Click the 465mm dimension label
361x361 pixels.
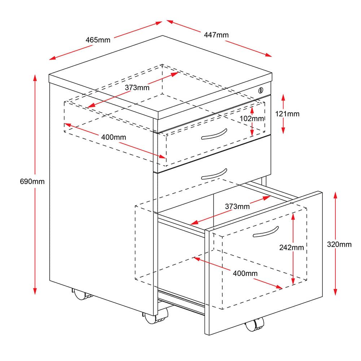[98, 40]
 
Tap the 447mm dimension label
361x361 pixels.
[216, 35]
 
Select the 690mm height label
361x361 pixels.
[32, 182]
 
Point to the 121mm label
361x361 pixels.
[287, 114]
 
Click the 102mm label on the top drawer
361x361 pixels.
[252, 118]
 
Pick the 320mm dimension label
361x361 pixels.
[339, 244]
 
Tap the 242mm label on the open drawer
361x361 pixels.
[291, 248]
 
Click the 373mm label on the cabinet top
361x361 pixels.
[137, 87]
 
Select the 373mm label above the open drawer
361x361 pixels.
[237, 206]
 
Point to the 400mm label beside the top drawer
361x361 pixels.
[113, 137]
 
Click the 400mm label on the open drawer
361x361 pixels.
[245, 273]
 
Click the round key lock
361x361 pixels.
[261, 90]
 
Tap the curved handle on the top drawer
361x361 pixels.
[214, 135]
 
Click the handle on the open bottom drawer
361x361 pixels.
[266, 232]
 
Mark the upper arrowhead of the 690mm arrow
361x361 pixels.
[35, 79]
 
